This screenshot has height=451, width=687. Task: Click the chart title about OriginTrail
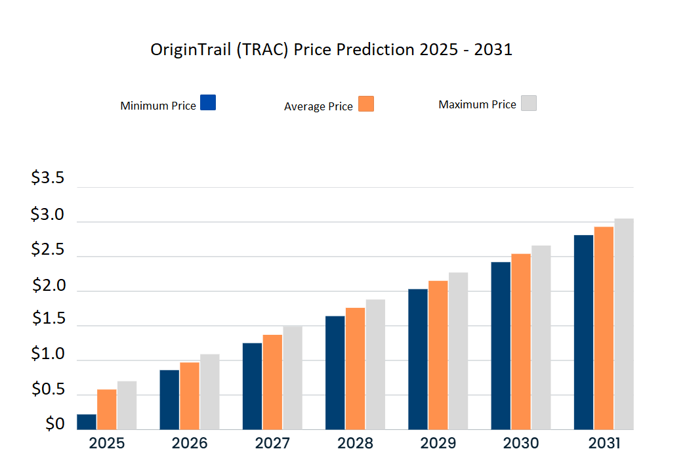tap(331, 50)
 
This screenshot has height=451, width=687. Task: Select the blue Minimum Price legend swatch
tap(208, 102)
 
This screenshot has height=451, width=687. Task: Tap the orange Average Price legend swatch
tap(366, 104)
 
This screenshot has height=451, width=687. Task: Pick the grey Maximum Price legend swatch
tap(529, 103)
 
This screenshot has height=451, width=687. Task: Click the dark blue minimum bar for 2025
tap(87, 421)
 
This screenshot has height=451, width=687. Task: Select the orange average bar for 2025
tap(107, 409)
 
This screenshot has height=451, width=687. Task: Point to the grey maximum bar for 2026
tap(210, 391)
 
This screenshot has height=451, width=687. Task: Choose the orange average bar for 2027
tap(273, 381)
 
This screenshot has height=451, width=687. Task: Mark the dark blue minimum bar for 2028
tap(335, 372)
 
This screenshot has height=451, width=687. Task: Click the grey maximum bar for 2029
tap(458, 351)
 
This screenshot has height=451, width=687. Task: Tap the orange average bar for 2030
tap(521, 341)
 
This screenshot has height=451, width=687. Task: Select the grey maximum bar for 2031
tap(624, 324)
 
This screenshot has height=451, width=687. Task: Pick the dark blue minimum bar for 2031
tap(583, 332)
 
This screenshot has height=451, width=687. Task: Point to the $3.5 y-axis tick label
tap(47, 179)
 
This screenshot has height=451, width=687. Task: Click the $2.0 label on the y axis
tap(49, 286)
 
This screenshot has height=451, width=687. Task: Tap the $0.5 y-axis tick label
tap(49, 390)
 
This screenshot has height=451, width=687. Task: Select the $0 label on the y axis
tap(55, 424)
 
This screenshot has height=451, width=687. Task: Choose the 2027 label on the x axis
tap(272, 443)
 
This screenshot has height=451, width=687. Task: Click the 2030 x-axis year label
tap(520, 443)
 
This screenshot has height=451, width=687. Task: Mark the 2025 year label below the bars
tap(107, 443)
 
